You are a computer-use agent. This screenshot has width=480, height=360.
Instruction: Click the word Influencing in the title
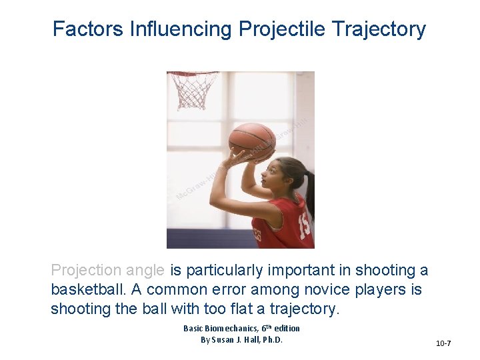180,29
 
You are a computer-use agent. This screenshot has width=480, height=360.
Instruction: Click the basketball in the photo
252,141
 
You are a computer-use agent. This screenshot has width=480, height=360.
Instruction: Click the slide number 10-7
443,343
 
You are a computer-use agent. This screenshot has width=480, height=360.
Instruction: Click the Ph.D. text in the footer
271,340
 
